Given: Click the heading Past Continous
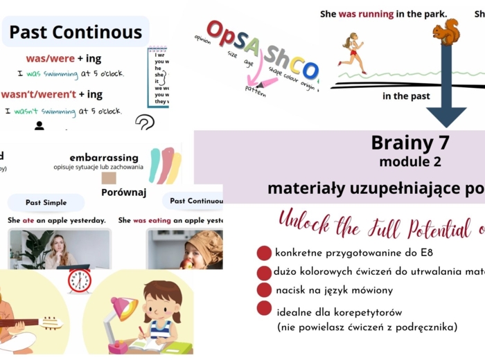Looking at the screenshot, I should click(x=76, y=32).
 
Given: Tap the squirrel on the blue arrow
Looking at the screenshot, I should click(x=446, y=32).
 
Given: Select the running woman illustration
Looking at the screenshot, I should click(x=353, y=52).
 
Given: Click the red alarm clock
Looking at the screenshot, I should click(x=80, y=280).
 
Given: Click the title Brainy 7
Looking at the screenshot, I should click(x=410, y=143).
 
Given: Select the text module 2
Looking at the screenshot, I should click(x=409, y=163).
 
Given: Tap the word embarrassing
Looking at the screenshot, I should click(x=104, y=157).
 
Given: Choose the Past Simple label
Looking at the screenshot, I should click(x=46, y=203).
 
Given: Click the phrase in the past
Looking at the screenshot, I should click(x=406, y=96).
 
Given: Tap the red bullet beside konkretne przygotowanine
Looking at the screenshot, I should click(x=264, y=253).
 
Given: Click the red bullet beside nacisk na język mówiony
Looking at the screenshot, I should click(x=264, y=290).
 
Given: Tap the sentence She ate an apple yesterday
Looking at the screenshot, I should click(x=57, y=220).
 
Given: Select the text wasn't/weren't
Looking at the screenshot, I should click(x=37, y=94).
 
